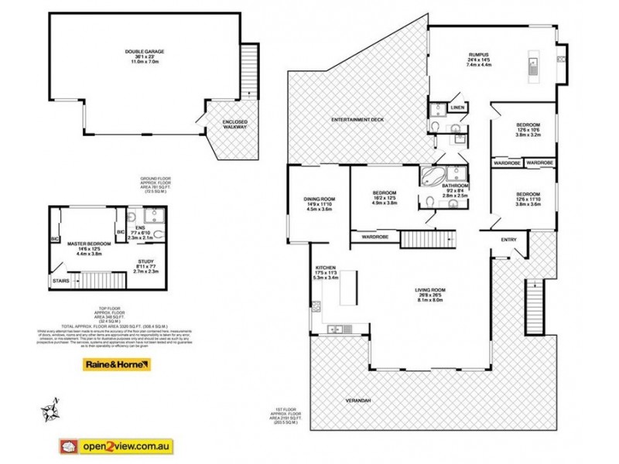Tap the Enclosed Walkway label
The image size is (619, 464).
pyautogui.click(x=234, y=124)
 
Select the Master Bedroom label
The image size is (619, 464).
pyautogui.click(x=94, y=243)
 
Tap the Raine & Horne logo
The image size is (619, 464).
pyautogui.click(x=117, y=365)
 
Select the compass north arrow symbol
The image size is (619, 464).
pyautogui.click(x=51, y=404)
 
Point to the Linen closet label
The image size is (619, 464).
pyautogui.click(x=457, y=107)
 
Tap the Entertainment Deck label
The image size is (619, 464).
pyautogui.click(x=357, y=121)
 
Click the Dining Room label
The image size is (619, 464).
pyautogui.click(x=319, y=199)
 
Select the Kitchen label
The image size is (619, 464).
pyautogui.click(x=325, y=268)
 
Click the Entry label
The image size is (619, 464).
pyautogui.click(x=508, y=239)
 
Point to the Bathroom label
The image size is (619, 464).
pyautogui.click(x=455, y=186)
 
